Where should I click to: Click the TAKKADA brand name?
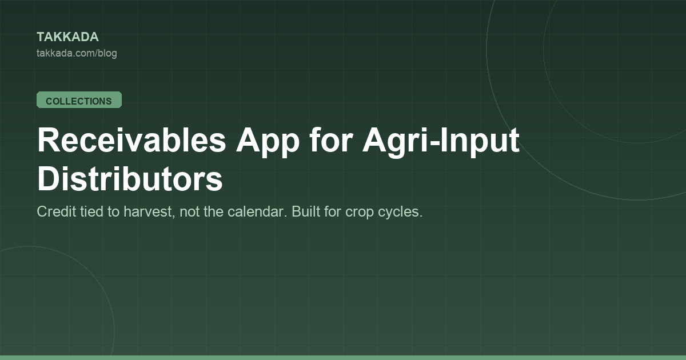[x=67, y=37]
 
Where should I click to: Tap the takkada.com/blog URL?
[x=77, y=53]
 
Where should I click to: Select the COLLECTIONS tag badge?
[x=79, y=100]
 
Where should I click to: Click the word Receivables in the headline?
[x=131, y=140]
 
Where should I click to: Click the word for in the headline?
[x=331, y=139]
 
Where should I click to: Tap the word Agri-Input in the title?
[x=441, y=142]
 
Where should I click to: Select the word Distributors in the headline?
[x=130, y=178]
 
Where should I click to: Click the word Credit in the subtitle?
[x=57, y=211]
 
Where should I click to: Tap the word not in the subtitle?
[x=189, y=212]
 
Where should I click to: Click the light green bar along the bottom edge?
[x=343, y=358]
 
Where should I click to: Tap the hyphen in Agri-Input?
[x=435, y=143]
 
